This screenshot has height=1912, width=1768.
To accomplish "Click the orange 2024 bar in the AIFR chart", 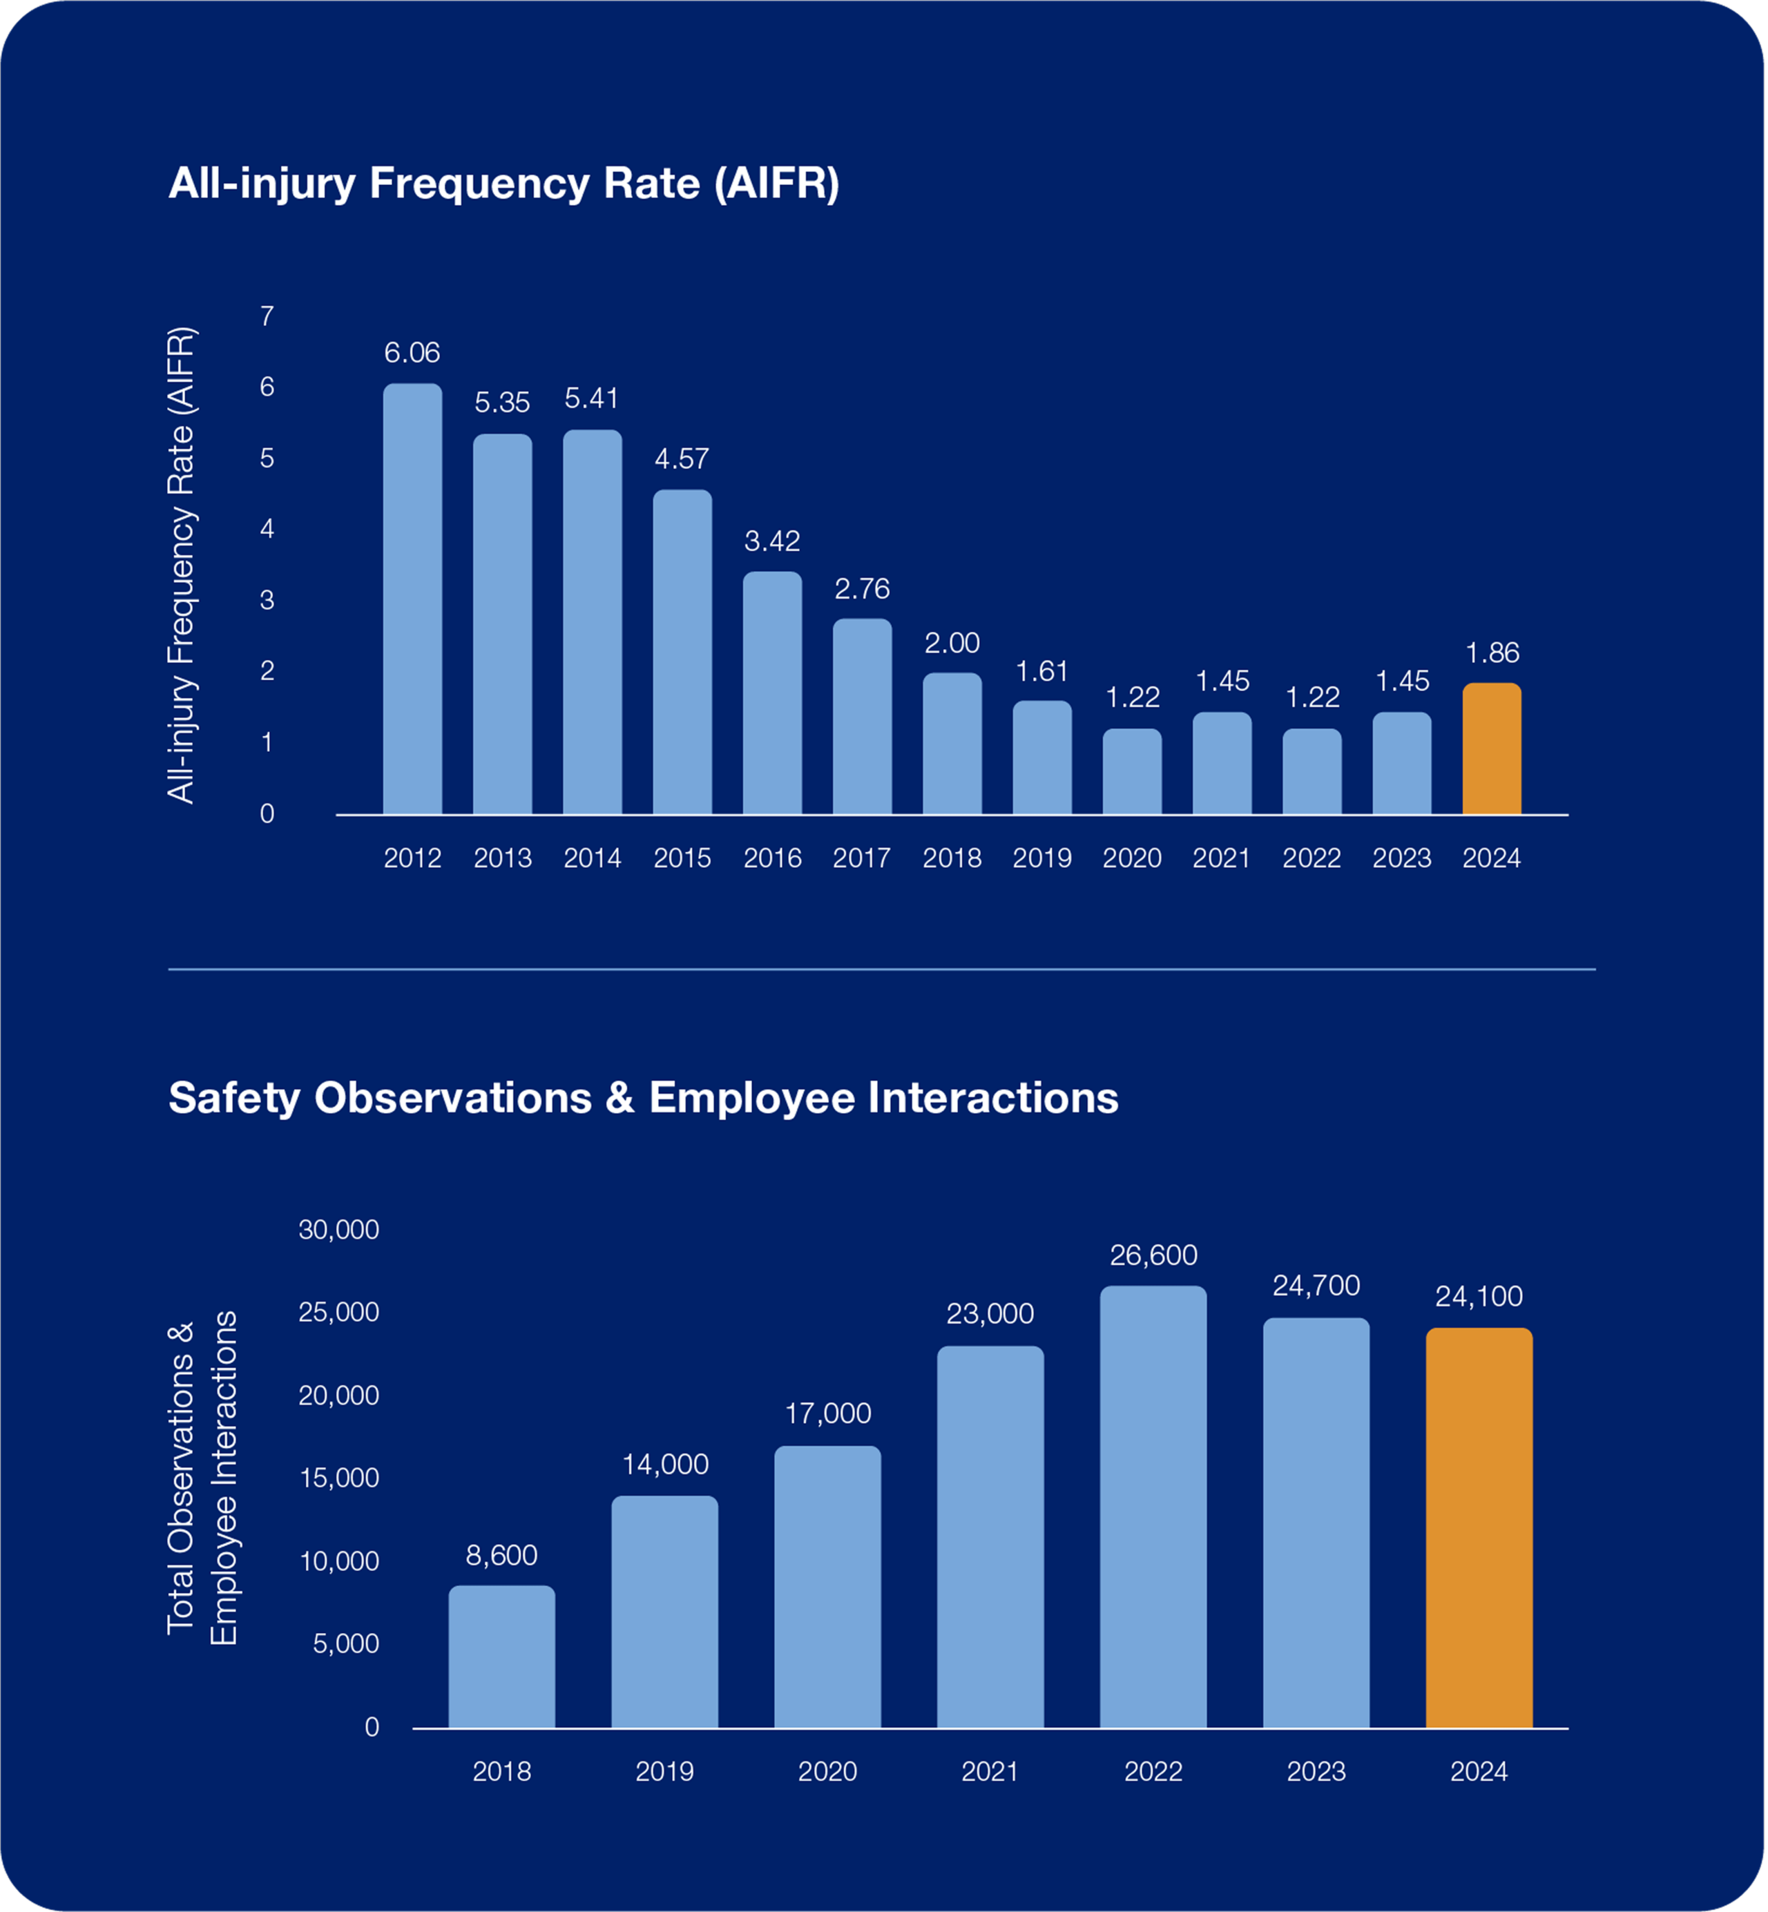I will pos(1492,749).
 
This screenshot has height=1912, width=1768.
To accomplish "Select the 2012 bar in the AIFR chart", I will pos(412,600).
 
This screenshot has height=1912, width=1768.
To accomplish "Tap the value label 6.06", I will pos(412,353).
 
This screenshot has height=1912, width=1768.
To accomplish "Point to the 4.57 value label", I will pos(682,459).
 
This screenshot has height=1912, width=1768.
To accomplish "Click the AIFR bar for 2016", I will pos(772,693).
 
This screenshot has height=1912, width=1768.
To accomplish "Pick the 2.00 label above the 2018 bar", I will pos(952,643).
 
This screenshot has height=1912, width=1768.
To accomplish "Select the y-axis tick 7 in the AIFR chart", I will pos(267,316).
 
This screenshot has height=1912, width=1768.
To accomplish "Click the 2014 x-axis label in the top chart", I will pos(592,858).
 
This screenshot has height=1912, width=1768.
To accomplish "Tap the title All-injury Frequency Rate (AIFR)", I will pos(503,183).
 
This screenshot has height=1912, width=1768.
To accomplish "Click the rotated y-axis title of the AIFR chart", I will pos(181,566).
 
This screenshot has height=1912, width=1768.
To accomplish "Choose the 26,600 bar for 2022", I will pos(1153,1507).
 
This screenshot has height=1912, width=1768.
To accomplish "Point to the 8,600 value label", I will pos(501,1555).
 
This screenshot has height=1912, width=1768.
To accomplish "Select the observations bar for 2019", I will pos(665,1612).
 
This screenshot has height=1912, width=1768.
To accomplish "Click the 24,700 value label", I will pos(1316,1286).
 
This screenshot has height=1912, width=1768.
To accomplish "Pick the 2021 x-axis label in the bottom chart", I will pos(990,1771).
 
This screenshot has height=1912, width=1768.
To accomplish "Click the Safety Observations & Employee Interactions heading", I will pos(643,1097).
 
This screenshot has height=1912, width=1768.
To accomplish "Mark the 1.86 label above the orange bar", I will pos(1492,653).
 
